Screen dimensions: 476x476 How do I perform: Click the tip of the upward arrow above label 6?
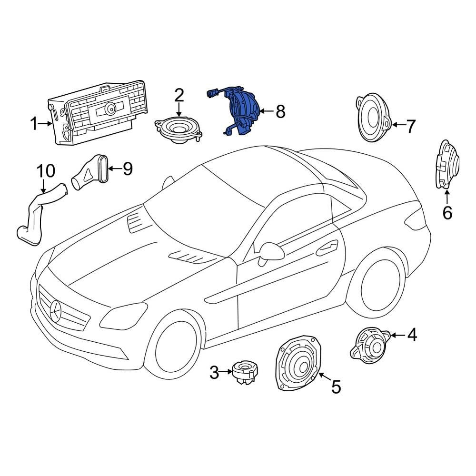pos(447,189)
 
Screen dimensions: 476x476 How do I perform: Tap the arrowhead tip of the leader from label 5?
pos(318,373)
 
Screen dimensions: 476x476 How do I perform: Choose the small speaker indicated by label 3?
pos(244,373)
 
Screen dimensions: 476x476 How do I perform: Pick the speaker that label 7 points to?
pos(373,118)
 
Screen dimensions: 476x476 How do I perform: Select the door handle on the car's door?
pos(327,248)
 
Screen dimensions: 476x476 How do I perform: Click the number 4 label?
pos(412,335)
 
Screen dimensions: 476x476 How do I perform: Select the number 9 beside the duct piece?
pos(127,169)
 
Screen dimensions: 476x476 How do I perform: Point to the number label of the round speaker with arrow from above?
pos(179,95)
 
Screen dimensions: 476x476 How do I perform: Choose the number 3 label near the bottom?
pos(214,372)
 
